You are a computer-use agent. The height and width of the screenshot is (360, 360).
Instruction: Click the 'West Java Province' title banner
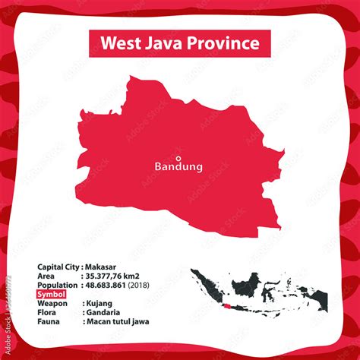pos(179,43)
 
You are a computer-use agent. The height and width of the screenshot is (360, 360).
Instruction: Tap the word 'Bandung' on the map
pos(178,166)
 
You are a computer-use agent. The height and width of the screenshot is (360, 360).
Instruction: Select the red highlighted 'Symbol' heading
pos(51,294)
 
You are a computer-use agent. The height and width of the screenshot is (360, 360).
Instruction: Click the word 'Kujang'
pos(97,303)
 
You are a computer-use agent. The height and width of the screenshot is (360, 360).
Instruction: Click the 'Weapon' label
pos(52,303)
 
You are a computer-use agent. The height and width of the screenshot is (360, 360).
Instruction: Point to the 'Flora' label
pos(46,312)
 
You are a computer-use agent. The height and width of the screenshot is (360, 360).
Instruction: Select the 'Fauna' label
pos(47,321)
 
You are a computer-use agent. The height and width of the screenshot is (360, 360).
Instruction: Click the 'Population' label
pos(57,285)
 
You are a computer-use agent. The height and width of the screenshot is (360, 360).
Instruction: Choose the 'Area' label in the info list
pos(46,276)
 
